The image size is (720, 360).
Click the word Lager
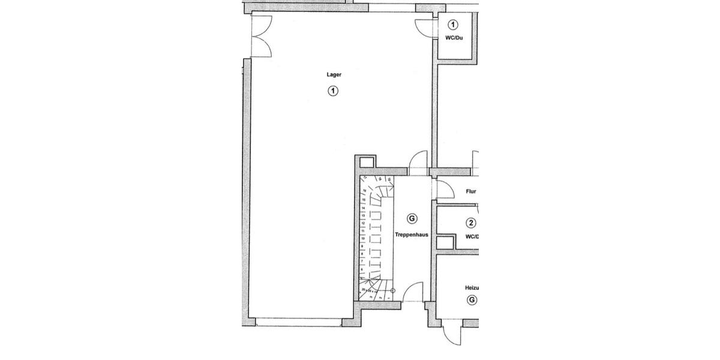click(x=334, y=75)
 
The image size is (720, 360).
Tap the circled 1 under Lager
click(x=333, y=91)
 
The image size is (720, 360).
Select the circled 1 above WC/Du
click(x=453, y=25)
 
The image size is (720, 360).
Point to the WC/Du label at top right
click(x=454, y=38)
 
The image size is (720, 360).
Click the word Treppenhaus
click(x=412, y=235)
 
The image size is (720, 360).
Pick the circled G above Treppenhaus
click(x=412, y=218)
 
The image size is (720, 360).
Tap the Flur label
click(x=471, y=192)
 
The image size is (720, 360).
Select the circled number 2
click(x=471, y=223)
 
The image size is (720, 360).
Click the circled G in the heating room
click(x=472, y=299)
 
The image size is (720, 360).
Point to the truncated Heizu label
click(x=472, y=287)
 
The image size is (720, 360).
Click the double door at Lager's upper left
click(x=262, y=36)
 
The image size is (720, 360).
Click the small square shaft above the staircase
click(x=365, y=163)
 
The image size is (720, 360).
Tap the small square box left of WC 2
click(x=445, y=243)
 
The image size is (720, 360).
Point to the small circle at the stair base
click(x=392, y=290)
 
